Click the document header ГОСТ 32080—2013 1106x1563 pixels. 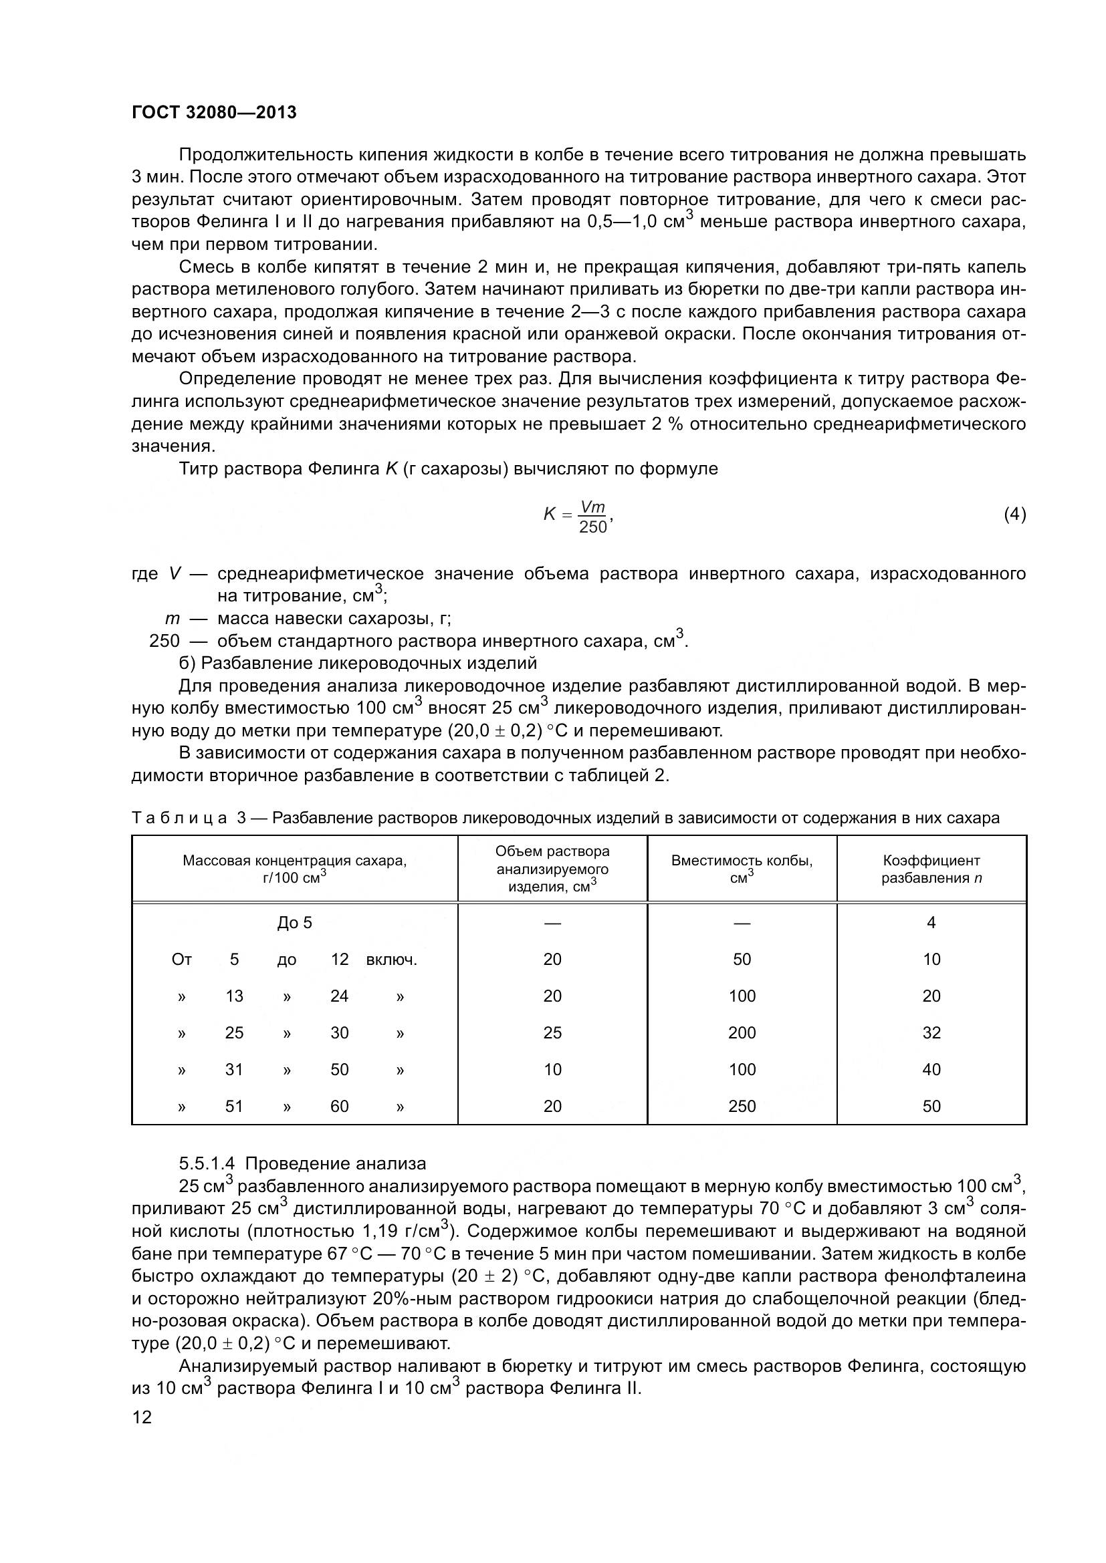tap(214, 112)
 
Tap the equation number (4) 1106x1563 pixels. tap(1014, 515)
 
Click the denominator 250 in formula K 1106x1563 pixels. tap(592, 527)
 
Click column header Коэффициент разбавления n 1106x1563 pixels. tap(931, 869)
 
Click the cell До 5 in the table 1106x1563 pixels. tap(294, 923)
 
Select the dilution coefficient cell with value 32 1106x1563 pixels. tap(931, 1032)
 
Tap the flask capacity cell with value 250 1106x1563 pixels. tap(742, 1106)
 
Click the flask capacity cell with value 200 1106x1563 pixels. tap(742, 1032)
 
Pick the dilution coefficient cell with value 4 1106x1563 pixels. tap(931, 922)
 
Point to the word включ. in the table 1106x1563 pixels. tap(392, 960)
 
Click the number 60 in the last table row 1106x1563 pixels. tap(339, 1106)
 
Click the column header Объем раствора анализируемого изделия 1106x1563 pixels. tap(552, 869)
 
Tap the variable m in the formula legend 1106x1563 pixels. tap(173, 619)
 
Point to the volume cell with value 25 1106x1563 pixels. tap(552, 1032)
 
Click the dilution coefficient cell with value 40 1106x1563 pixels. tap(931, 1069)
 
